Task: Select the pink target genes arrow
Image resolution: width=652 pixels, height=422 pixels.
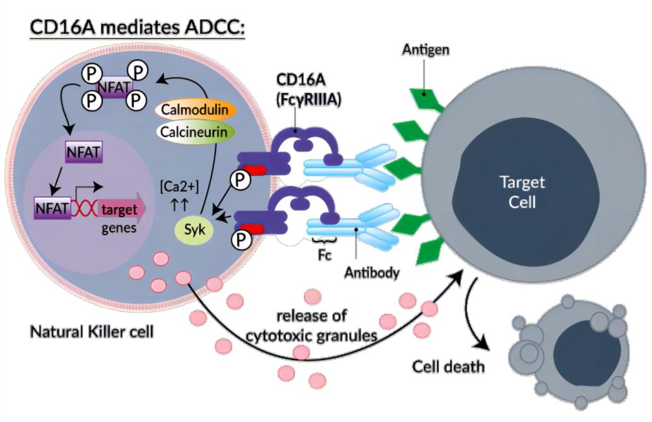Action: coord(120,208)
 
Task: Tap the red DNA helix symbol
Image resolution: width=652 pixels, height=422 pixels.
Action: coord(83,208)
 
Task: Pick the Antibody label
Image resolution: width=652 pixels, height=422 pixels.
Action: coord(372,274)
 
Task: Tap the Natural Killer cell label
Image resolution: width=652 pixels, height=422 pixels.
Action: coord(92,330)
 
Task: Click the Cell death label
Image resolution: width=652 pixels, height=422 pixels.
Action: coord(449,366)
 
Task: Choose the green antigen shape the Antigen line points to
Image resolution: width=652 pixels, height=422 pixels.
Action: coord(427,100)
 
